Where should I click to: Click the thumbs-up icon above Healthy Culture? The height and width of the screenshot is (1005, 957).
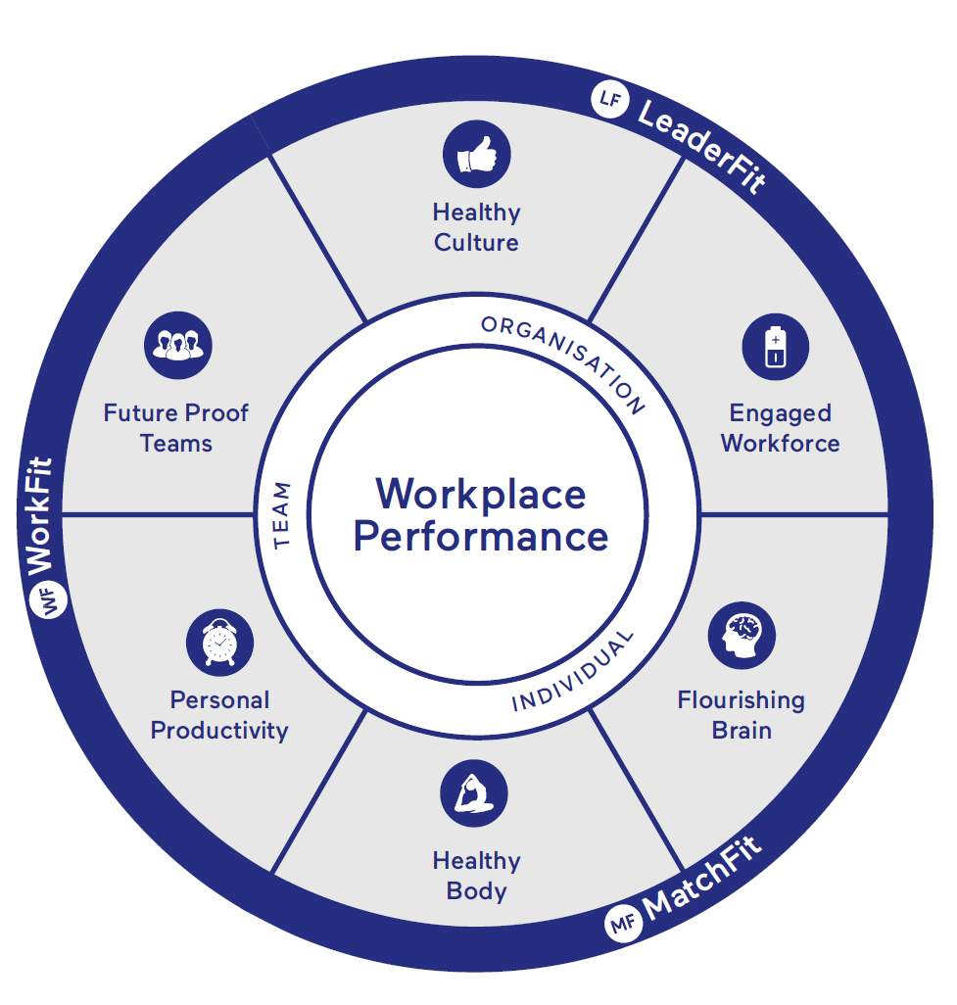pos(477,155)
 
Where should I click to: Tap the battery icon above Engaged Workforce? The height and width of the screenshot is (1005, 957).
pos(775,347)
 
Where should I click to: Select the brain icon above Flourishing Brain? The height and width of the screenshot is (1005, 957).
pos(742,635)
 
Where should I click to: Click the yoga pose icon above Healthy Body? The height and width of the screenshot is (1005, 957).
pos(474,792)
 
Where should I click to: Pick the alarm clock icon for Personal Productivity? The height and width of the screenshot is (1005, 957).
pos(219,644)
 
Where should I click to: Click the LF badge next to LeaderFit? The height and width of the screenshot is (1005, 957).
pos(609,100)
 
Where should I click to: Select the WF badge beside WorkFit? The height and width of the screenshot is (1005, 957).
pos(49,598)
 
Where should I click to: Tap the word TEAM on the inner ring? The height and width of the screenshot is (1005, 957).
pos(283,514)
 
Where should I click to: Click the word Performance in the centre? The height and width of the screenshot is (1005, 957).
pos(480,537)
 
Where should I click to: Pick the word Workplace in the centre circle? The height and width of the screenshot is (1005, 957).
pos(480,493)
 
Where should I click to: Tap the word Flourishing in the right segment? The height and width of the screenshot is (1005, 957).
pos(741,700)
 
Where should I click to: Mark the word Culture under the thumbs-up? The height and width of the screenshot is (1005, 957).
pos(476,242)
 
